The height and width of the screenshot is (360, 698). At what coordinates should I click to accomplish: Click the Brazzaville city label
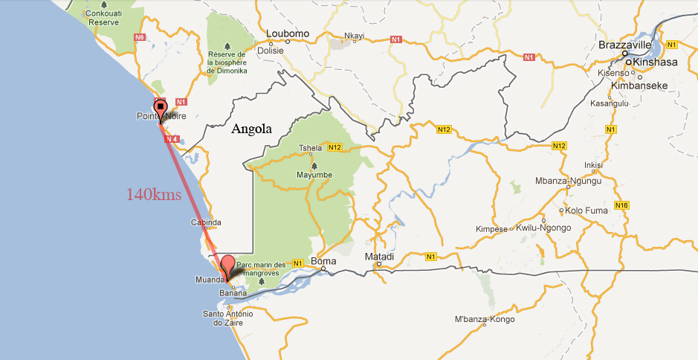pos(625,46)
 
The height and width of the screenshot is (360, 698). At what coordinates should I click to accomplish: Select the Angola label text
pos(251,129)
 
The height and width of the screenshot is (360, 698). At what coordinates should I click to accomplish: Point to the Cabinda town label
pos(206,222)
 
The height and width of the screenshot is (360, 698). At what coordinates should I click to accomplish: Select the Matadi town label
pos(379,257)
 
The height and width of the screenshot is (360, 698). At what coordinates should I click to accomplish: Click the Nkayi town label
pos(355,35)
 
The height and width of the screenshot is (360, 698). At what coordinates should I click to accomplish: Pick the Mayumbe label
pos(314,175)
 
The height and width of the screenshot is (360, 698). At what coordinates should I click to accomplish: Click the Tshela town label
pos(310,147)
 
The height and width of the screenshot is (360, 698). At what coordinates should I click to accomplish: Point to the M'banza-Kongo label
pos(485,320)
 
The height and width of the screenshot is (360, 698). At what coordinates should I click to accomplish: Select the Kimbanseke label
pos(639,86)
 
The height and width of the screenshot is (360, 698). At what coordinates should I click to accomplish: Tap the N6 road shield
pos(139,36)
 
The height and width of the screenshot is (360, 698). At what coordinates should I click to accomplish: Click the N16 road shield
pos(621,205)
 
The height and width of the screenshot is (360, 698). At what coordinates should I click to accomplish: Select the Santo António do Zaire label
pos(224,318)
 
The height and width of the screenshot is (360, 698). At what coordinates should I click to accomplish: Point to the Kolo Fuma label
pos(586,210)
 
